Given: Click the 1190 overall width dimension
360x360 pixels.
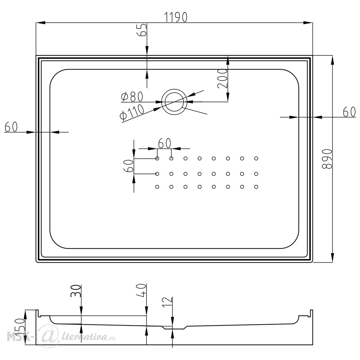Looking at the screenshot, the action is (176, 17).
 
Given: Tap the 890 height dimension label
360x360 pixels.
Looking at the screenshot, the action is (327, 159).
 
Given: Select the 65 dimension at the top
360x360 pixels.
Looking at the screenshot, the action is (141, 30).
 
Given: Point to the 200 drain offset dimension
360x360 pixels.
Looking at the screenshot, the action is (222, 78).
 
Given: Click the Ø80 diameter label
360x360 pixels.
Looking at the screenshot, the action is (132, 96).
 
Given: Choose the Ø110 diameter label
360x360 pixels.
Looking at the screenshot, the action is (132, 112).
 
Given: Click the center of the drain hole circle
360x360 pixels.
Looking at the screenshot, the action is (175, 102).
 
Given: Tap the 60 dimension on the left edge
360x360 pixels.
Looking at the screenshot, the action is (11, 127).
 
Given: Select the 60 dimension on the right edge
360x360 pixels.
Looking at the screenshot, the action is (349, 112).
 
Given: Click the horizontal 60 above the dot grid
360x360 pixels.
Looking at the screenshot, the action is (165, 144).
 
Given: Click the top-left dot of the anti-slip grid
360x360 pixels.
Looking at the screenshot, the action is (157, 158).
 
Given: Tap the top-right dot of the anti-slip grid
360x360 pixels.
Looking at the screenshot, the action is (256, 158).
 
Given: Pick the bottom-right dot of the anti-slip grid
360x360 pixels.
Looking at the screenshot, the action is (256, 187).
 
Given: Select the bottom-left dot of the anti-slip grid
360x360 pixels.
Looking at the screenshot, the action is (157, 187).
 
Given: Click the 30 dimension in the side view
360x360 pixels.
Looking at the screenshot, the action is (76, 291).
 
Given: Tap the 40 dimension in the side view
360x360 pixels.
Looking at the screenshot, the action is (141, 291).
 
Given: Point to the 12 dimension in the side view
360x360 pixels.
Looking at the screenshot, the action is (167, 303).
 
